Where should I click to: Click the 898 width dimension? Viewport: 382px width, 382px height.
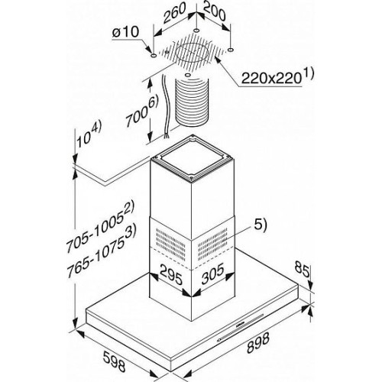[x=258, y=342]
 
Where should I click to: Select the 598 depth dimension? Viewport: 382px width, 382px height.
[x=115, y=361]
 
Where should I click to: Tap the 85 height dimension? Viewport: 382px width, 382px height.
[x=303, y=269]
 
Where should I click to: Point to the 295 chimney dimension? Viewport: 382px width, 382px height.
[x=171, y=275]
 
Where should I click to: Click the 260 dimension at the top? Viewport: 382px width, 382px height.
[x=174, y=13]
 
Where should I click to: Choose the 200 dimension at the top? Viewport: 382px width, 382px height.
[x=215, y=11]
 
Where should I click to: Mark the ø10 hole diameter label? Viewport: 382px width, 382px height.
[x=126, y=32]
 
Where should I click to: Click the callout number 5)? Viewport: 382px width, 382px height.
[x=260, y=225]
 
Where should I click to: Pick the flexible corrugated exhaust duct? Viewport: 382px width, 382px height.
[x=192, y=102]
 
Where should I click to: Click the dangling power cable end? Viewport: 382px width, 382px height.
[x=167, y=136]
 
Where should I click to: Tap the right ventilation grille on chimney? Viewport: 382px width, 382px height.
[x=212, y=244]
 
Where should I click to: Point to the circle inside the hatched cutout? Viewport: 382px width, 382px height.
[x=193, y=53]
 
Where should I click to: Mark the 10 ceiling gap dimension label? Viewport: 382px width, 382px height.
[x=89, y=135]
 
